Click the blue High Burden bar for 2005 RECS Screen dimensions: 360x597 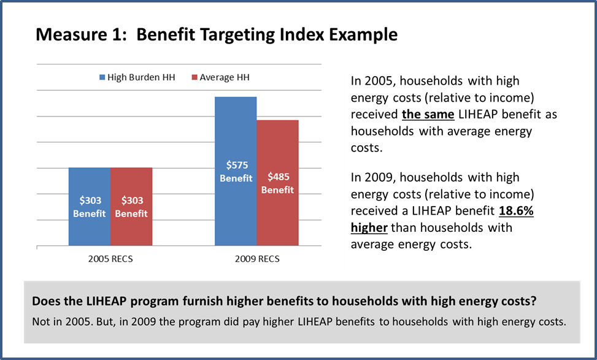[90, 184]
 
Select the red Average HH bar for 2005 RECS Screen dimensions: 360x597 [131, 184]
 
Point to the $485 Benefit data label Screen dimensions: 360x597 [277, 183]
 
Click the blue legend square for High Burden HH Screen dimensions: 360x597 [102, 78]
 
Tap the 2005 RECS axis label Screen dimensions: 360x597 [110, 258]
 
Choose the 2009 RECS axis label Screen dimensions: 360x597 [256, 258]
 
